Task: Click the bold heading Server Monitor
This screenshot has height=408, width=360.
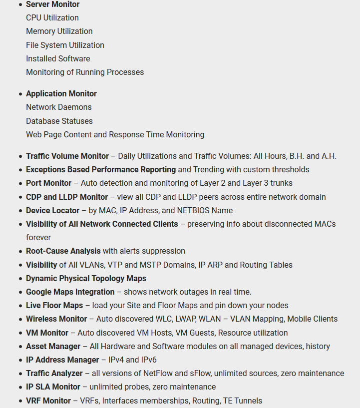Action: (x=52, y=4)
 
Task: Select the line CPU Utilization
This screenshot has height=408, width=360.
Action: (x=52, y=18)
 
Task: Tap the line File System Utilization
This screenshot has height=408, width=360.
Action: (x=65, y=45)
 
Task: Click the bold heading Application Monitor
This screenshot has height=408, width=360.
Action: (x=61, y=94)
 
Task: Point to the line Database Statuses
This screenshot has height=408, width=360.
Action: (x=59, y=121)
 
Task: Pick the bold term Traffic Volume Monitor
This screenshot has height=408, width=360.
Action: (x=67, y=156)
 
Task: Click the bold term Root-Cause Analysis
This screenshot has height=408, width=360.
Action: (x=63, y=251)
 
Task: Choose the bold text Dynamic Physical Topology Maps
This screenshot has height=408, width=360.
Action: (x=86, y=279)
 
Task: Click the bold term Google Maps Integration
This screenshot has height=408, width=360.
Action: (x=70, y=292)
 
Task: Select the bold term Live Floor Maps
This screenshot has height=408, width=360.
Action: (x=54, y=306)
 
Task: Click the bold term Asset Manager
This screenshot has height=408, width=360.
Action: (x=53, y=347)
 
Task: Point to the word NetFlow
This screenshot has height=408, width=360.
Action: (x=158, y=374)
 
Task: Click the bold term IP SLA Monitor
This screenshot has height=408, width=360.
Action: (x=53, y=387)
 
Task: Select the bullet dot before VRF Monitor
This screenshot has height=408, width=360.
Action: (x=20, y=401)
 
